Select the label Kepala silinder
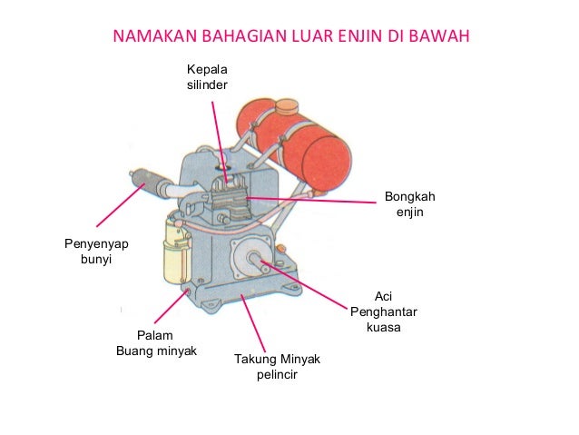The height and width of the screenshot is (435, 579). point(207,77)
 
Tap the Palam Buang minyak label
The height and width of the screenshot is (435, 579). point(156,342)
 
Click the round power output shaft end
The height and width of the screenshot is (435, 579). point(256,263)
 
